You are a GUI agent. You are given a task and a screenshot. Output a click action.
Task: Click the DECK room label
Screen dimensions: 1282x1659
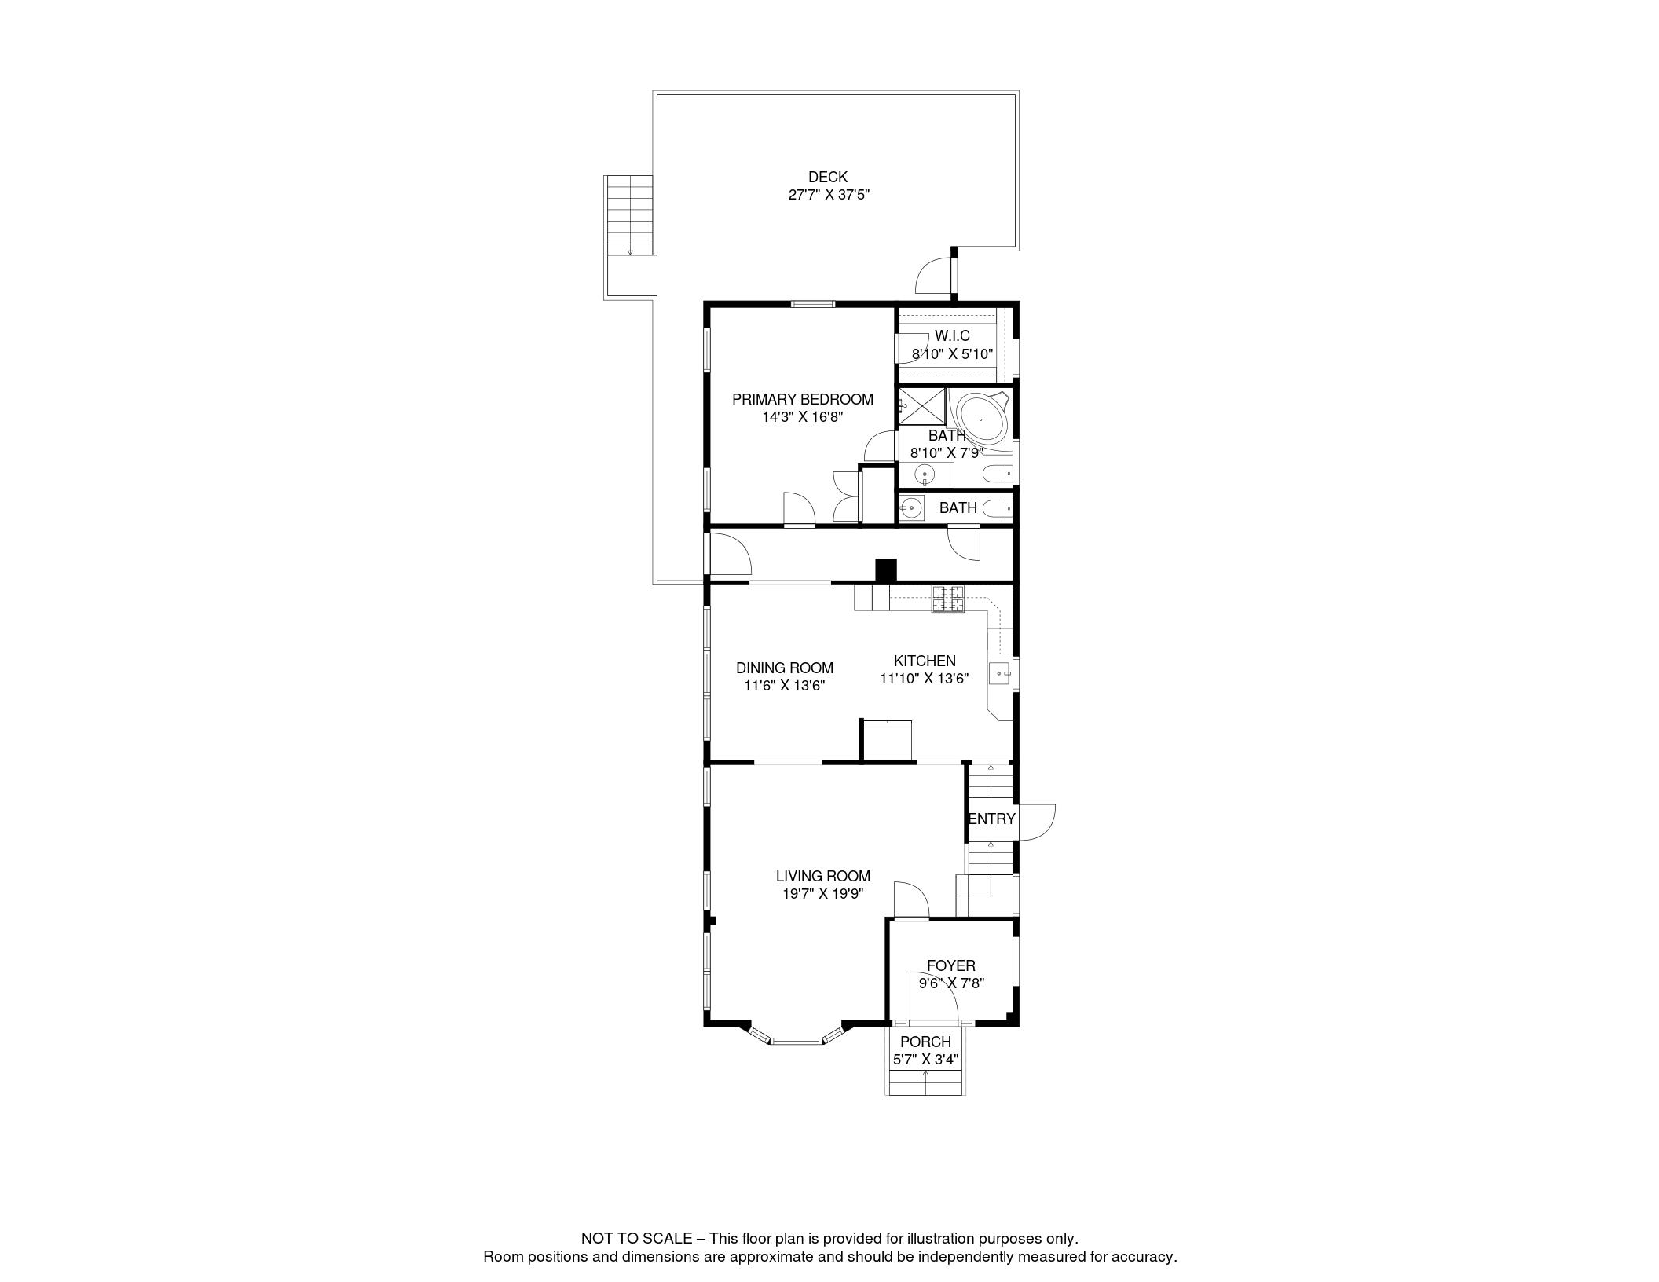click(827, 178)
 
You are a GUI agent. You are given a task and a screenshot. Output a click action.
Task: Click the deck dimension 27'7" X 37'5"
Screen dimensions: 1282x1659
click(829, 195)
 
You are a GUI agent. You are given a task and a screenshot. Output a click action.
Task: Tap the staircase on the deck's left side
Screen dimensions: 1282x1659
click(630, 215)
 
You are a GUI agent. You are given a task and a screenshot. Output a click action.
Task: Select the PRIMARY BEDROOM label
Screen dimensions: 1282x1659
click(802, 399)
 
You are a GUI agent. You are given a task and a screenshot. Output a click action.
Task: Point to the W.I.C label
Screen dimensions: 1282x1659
click(952, 336)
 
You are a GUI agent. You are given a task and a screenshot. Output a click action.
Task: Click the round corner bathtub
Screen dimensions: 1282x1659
click(980, 420)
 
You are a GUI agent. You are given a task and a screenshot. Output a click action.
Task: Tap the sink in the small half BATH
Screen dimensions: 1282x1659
click(911, 508)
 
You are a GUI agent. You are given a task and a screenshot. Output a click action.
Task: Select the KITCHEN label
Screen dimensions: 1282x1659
click(925, 661)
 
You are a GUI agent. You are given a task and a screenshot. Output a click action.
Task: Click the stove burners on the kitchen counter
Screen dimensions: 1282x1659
click(947, 599)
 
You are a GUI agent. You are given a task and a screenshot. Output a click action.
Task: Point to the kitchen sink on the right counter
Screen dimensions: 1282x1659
click(999, 673)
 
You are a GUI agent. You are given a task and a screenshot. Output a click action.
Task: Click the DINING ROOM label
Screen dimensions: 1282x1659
click(784, 668)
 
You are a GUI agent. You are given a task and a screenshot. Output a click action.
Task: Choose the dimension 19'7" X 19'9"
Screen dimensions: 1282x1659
click(822, 893)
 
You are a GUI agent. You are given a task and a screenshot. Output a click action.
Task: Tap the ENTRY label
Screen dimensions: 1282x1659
click(991, 819)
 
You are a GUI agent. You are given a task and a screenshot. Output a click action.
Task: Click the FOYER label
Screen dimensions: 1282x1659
click(950, 965)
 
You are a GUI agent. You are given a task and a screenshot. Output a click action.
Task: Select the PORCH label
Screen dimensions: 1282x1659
click(925, 1042)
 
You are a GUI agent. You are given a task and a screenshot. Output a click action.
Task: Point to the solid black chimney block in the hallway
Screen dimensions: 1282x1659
click(885, 570)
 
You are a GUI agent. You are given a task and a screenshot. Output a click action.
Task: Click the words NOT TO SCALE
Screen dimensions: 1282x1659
click(635, 1239)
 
